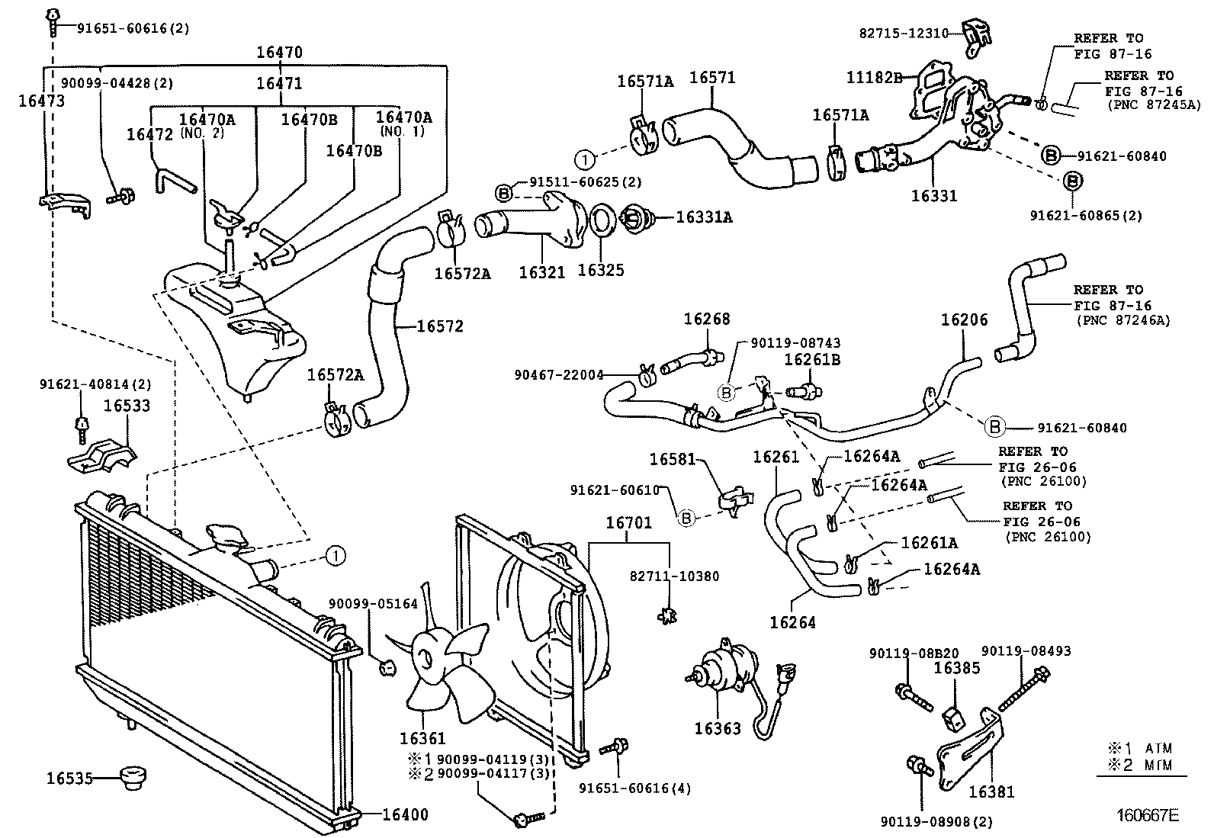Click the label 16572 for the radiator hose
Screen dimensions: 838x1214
440,326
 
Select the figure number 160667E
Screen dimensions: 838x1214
1148,816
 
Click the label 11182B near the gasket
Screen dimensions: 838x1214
875,77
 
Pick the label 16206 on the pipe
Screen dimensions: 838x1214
964,319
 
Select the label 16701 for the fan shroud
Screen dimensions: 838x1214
628,523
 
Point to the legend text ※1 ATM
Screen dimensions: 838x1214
1141,748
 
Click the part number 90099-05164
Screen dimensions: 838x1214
373,604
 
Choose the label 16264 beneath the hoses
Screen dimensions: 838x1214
792,622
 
